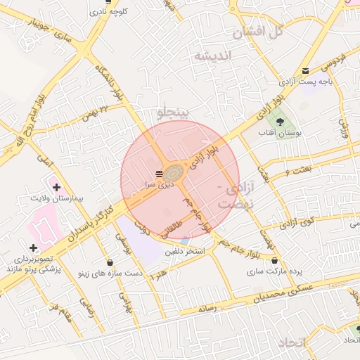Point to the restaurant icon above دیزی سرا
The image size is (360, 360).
(x=159, y=173)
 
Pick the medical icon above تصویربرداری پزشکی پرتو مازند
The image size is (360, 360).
(x=33, y=247)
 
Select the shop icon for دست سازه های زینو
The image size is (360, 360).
(x=110, y=262)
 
